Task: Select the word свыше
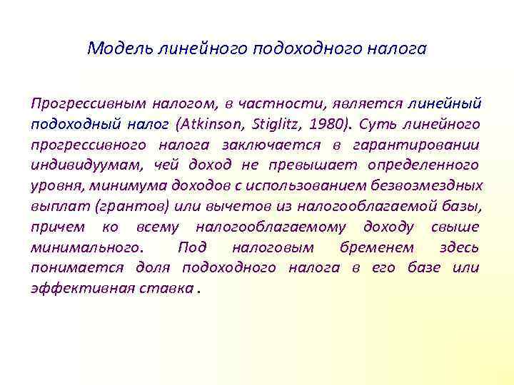click(x=455, y=227)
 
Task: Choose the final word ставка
click(x=171, y=289)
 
